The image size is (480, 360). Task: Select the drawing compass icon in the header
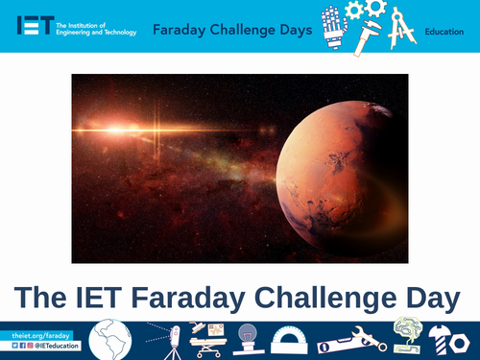pyautogui.click(x=403, y=26)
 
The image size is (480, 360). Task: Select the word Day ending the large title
pyautogui.click(x=425, y=299)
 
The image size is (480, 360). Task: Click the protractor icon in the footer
pyautogui.click(x=290, y=342)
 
